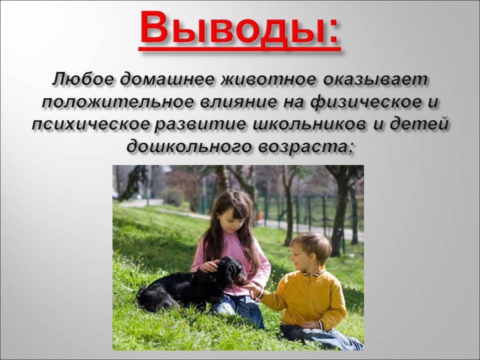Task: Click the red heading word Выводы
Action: click(x=232, y=28)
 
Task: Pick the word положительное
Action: click(x=118, y=102)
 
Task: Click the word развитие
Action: click(x=200, y=125)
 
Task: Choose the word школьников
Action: click(x=308, y=125)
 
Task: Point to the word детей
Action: click(x=418, y=125)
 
